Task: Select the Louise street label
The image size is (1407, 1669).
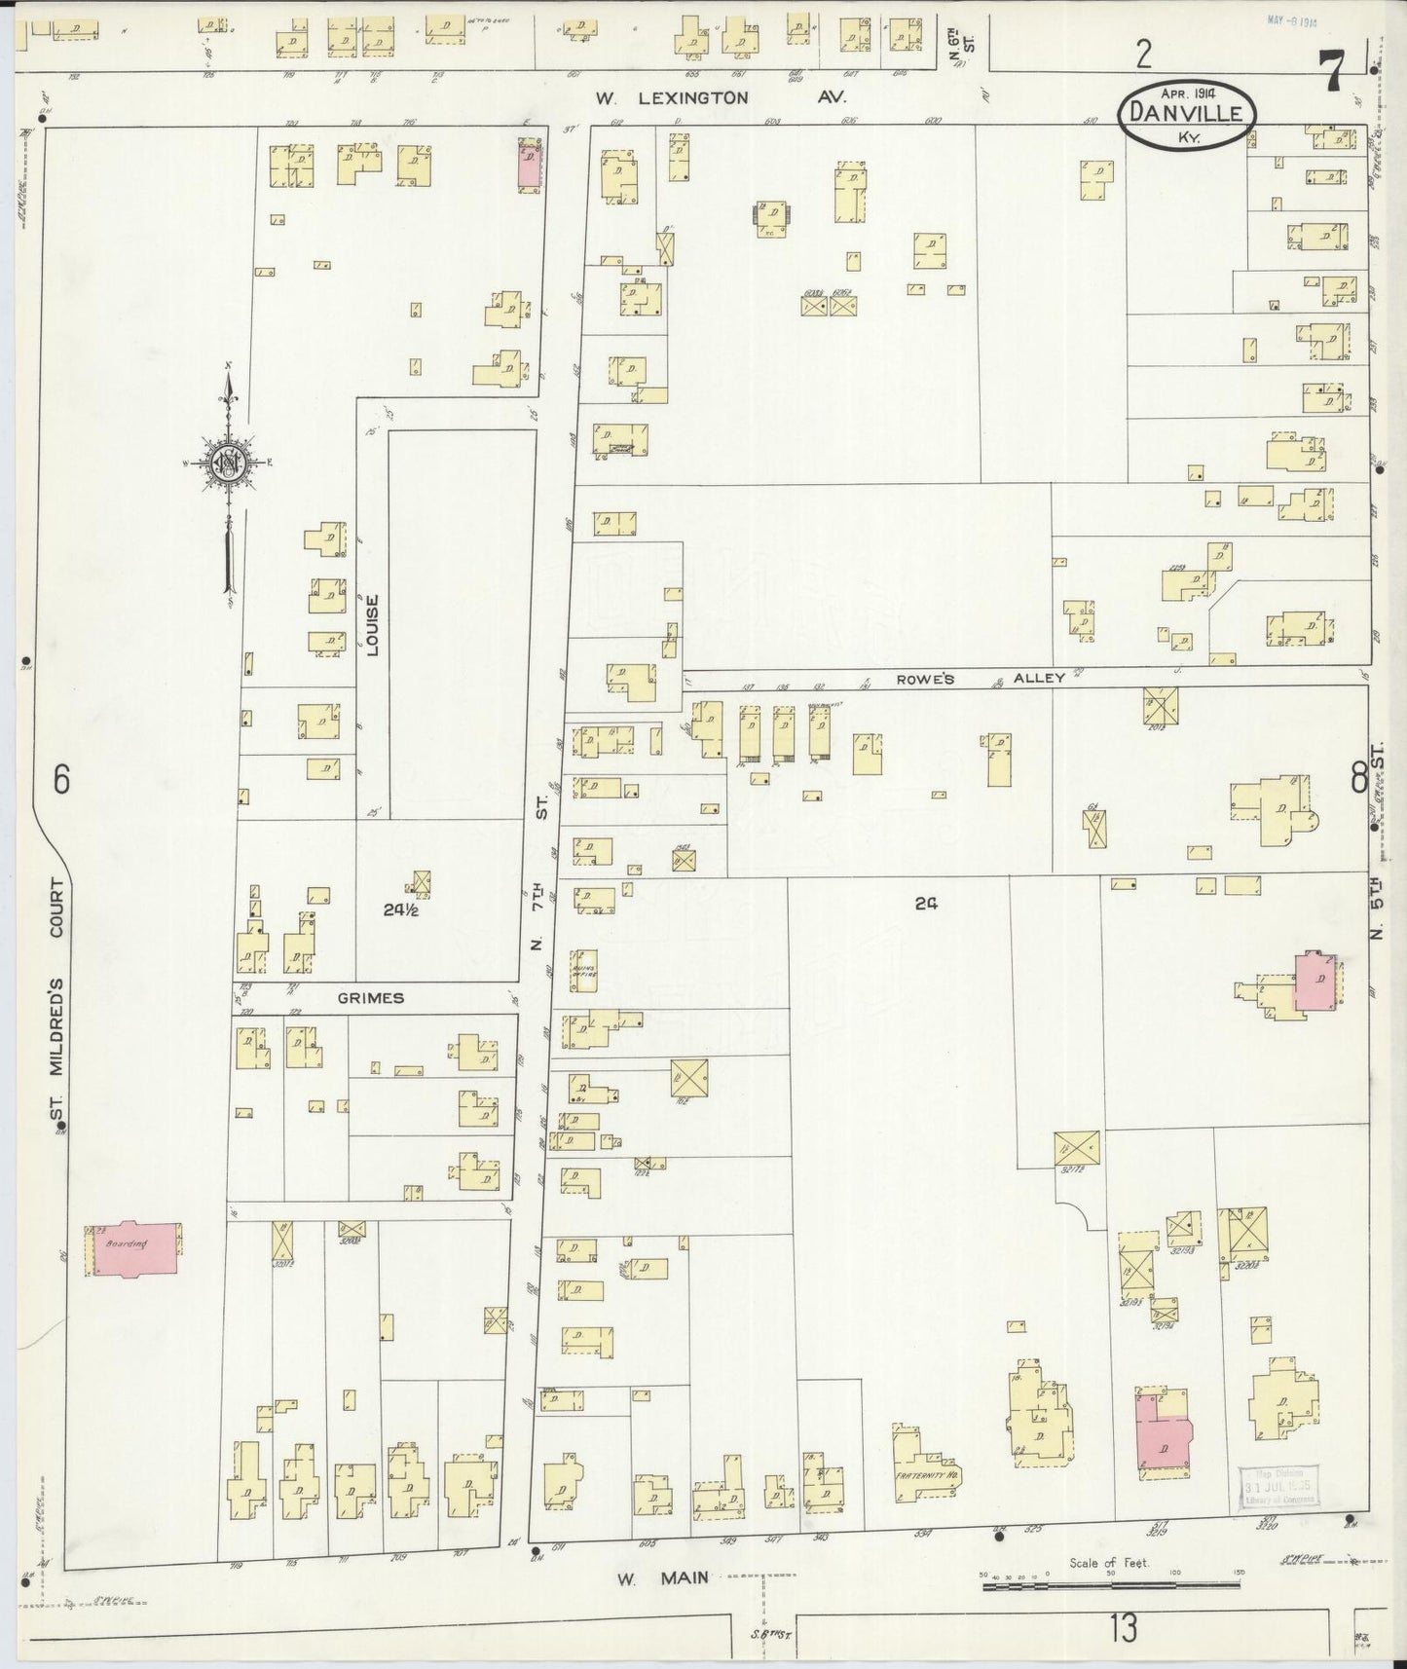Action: coord(372,624)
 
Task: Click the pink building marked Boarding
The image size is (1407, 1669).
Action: coord(135,1248)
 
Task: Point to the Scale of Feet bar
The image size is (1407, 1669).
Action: coord(1110,1586)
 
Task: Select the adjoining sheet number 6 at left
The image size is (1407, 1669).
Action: coord(61,779)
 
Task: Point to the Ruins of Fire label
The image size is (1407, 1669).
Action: coord(586,968)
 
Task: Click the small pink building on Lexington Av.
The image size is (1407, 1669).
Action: coord(529,167)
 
